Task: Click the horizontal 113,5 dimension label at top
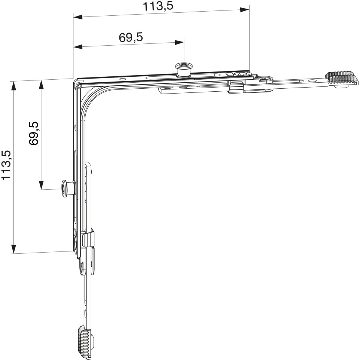(x=158, y=6)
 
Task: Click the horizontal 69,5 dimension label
(x=131, y=37)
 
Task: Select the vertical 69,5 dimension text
(x=34, y=133)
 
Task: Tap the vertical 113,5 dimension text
(x=6, y=165)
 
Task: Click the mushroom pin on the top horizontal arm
(x=184, y=69)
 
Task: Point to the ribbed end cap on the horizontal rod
(x=342, y=79)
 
